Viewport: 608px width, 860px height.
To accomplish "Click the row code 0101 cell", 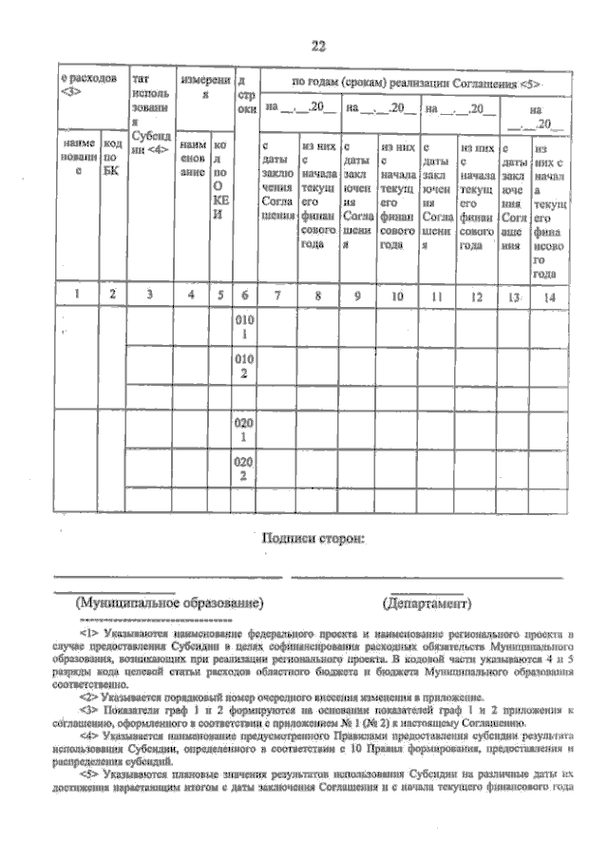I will (x=244, y=328).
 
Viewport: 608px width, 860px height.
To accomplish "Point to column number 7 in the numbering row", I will (x=276, y=296).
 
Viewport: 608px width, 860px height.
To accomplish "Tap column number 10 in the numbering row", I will (x=398, y=296).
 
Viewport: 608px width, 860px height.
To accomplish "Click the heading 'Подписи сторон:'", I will (x=313, y=539).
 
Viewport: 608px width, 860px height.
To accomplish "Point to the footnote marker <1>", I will (x=88, y=631).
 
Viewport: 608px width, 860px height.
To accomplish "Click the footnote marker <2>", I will (x=88, y=697).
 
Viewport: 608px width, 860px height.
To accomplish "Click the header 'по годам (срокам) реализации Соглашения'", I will (x=416, y=84).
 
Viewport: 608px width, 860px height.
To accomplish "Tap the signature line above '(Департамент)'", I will (x=426, y=577).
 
